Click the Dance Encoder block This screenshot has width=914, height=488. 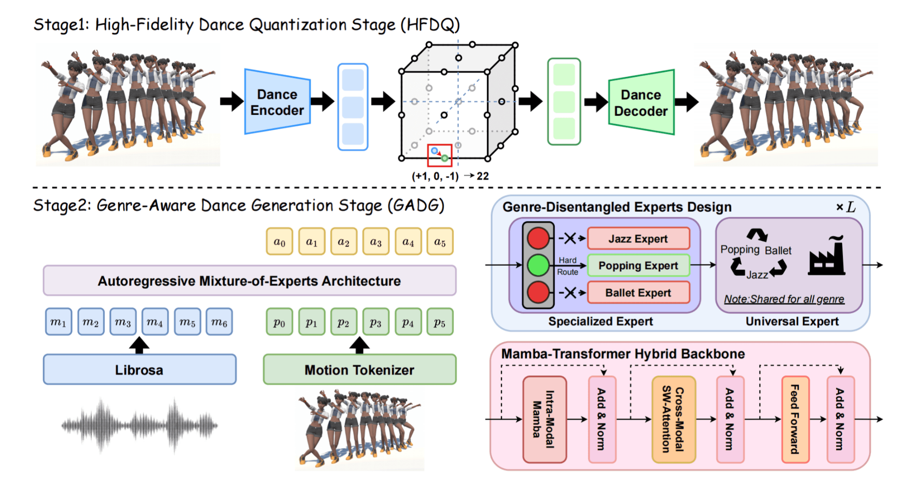coord(277,102)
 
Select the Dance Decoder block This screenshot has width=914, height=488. coord(641,103)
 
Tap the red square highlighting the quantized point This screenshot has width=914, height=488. coord(439,155)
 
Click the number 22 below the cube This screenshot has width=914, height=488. coord(482,176)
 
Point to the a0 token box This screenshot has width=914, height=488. coord(279,241)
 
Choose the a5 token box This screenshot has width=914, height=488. coord(440,241)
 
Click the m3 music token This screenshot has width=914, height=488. coord(123,322)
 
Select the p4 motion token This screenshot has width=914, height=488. coord(408,322)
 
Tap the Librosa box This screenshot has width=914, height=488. coord(139,369)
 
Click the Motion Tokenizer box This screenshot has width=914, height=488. coord(359,369)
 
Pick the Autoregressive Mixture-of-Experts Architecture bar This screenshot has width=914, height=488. coord(249,280)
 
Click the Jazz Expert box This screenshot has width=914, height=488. coord(638,239)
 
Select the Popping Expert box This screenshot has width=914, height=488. coord(638,266)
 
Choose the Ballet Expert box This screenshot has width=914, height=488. coord(638,293)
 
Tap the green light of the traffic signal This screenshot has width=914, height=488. coord(538,265)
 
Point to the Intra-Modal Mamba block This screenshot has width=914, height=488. coord(544,419)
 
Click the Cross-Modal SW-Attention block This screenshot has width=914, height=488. coord(673,419)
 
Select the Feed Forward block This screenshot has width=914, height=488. coord(795,419)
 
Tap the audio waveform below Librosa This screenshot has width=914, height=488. coord(139,426)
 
